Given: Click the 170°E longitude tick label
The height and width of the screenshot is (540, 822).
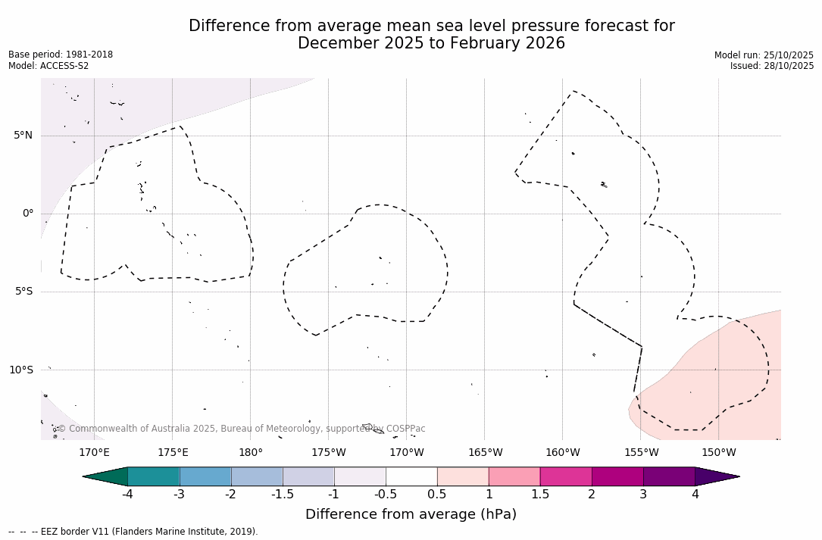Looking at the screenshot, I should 94,453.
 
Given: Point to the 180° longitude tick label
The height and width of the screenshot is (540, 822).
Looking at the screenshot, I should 250,453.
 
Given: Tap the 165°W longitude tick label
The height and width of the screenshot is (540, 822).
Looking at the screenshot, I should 485,453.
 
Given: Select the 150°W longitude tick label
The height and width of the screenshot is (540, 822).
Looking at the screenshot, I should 719,453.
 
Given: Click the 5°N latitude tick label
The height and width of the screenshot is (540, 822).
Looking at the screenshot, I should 23,136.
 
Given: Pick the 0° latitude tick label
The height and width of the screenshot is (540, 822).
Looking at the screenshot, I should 28,214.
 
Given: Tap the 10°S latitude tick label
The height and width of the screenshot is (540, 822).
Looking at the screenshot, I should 20,370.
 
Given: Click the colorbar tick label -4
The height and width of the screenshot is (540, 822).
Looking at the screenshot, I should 128,495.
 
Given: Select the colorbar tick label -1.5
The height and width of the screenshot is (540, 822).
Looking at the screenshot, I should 283,495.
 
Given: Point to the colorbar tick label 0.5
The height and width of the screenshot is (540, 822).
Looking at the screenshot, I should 437,495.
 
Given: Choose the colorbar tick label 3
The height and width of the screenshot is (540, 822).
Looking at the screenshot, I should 643,495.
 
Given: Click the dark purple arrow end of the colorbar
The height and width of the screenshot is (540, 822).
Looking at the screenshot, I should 716,476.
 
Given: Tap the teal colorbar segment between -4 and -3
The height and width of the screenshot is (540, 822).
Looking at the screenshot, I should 154,476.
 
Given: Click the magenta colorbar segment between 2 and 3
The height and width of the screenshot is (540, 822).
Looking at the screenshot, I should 617,476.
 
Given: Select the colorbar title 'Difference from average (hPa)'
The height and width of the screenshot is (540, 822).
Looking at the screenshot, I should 411,515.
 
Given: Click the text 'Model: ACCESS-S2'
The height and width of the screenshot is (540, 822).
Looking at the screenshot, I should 48,66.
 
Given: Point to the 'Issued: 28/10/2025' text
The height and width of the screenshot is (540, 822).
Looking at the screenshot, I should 772,66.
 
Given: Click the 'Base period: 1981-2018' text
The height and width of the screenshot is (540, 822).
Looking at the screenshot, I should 61,55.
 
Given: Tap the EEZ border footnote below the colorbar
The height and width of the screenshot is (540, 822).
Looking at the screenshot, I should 133,532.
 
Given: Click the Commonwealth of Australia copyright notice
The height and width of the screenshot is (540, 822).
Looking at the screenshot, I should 242,429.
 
